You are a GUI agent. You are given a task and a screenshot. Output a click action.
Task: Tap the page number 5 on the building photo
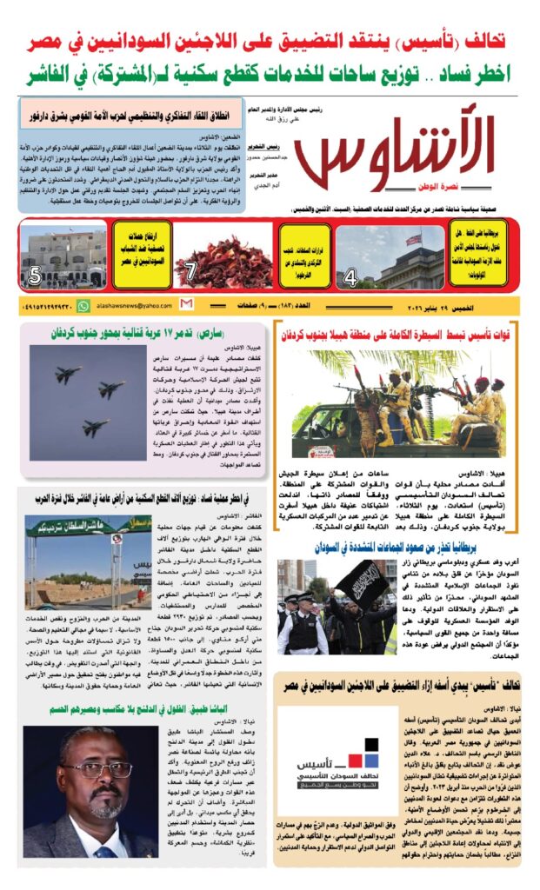pyautogui.click(x=35, y=277)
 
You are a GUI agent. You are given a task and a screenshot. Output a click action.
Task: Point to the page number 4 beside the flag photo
pyautogui.click(x=350, y=278)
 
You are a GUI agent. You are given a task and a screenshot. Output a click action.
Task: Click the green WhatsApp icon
pyautogui.click(x=83, y=306)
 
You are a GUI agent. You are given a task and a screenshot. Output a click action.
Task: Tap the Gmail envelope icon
pyautogui.click(x=186, y=305)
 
